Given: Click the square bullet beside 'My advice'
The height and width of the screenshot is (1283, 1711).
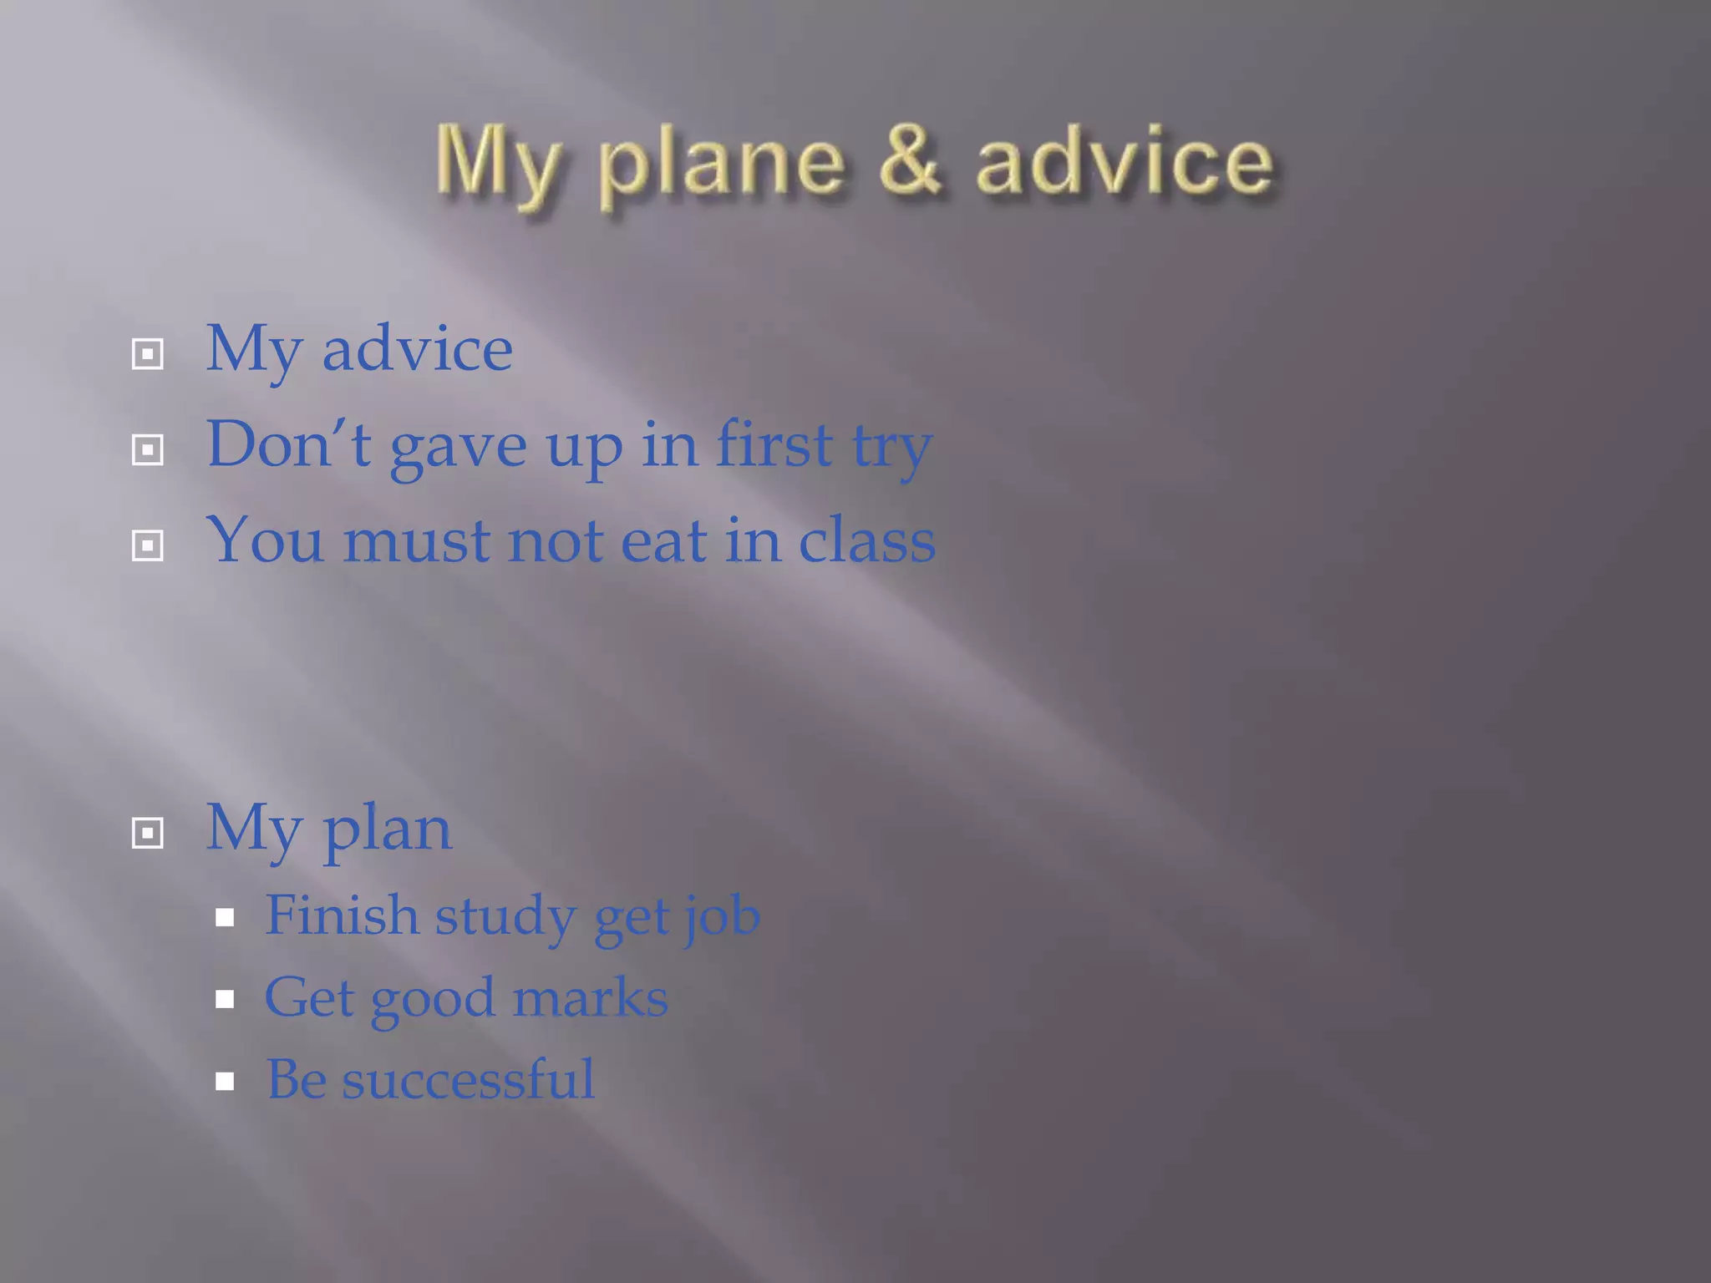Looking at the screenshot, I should coord(148,354).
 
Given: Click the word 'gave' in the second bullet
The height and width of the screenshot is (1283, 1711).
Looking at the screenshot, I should coord(458,447).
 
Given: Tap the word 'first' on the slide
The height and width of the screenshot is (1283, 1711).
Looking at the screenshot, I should coord(774,444).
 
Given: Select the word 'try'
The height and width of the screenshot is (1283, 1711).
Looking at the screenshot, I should coord(891,449).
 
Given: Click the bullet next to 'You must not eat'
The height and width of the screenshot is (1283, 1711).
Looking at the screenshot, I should coord(148,546).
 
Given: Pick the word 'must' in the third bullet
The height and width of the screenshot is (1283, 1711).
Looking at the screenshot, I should coord(416,541).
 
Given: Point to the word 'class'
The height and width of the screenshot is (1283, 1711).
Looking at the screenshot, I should coord(866,540).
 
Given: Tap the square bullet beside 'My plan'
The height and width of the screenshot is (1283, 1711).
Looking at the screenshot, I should coord(148,833).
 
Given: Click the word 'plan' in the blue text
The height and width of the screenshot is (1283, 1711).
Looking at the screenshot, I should coord(388,831).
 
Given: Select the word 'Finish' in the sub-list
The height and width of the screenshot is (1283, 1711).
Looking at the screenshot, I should coord(342,915).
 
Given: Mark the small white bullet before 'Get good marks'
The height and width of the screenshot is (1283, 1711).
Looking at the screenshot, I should coord(224,999).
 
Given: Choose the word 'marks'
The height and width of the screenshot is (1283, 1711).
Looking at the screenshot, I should coord(590,997).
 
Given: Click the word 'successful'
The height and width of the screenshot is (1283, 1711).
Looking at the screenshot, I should coord(468,1079).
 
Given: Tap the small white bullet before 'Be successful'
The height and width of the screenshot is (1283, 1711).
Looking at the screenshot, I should coord(224,1082).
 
